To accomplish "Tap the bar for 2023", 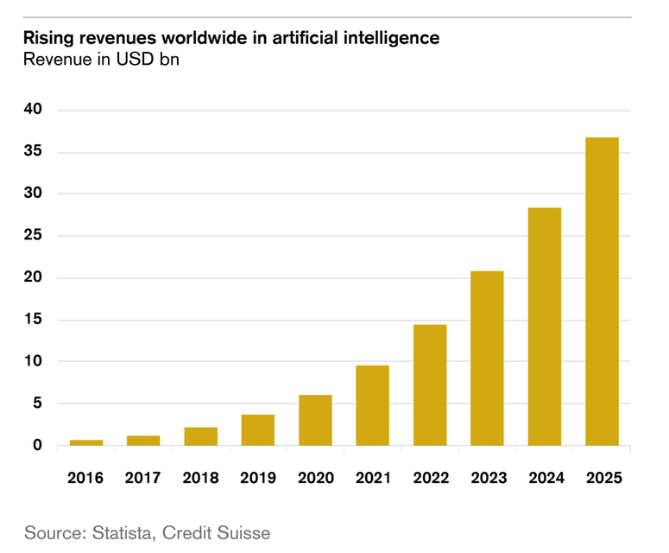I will [487, 359].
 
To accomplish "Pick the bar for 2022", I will [430, 385].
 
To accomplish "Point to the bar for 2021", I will [373, 405].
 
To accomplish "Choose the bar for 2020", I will [315, 421].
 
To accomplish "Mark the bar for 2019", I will [258, 430].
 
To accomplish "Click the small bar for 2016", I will [86, 442].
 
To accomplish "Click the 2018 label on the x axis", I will [200, 478].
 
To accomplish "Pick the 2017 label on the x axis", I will [143, 478].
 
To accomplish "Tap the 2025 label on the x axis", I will [602, 478].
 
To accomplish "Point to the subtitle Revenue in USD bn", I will [101, 60].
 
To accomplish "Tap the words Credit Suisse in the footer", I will [219, 531].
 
